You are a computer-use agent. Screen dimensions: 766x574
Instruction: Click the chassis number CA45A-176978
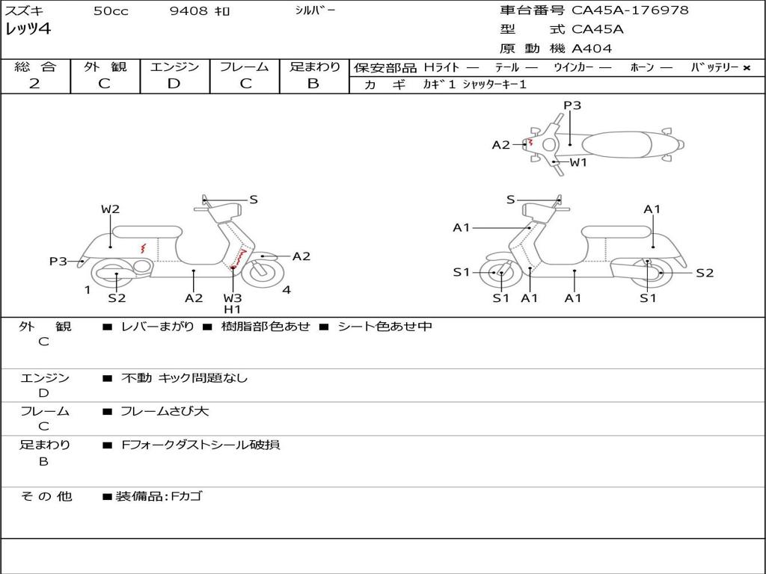630,10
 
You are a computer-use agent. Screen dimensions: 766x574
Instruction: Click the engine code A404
592,49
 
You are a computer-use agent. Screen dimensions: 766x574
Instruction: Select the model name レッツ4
28,29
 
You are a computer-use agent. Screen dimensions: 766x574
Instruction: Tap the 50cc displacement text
111,11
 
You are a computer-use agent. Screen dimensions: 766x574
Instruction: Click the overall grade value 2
34,84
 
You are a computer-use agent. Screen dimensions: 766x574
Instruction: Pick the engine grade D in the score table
174,84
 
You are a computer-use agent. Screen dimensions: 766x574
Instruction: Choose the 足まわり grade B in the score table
313,84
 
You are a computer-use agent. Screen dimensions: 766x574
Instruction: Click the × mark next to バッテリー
747,68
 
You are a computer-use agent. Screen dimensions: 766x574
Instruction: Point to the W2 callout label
111,209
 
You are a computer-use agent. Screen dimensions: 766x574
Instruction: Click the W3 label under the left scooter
233,297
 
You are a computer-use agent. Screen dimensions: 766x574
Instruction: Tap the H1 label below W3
233,309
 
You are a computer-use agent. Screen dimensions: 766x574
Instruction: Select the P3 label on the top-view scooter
572,105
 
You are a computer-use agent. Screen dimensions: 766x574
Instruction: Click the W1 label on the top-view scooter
578,162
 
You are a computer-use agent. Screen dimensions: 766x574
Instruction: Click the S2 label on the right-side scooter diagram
705,273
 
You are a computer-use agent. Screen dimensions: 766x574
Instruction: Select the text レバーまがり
157,326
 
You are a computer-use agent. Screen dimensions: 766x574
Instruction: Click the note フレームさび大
165,411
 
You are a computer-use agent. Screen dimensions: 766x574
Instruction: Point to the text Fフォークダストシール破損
200,445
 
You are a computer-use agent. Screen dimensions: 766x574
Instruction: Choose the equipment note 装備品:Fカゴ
159,496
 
